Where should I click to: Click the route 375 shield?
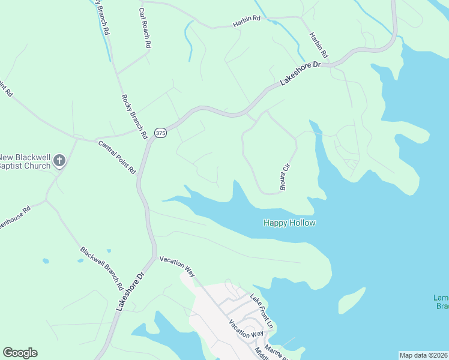coord(160,134)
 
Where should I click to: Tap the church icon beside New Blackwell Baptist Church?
coord(59,160)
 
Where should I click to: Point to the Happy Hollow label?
coord(289,223)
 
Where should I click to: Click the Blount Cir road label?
coord(286,178)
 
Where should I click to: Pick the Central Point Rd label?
coord(117,157)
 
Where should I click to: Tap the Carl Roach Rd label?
coord(145,28)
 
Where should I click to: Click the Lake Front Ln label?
coord(262,310)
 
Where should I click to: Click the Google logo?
coord(20,353)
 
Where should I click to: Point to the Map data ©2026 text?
coord(423,355)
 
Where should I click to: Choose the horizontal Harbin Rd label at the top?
coord(246,19)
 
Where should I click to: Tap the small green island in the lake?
coord(351,299)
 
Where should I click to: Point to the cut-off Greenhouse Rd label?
coord(13,218)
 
